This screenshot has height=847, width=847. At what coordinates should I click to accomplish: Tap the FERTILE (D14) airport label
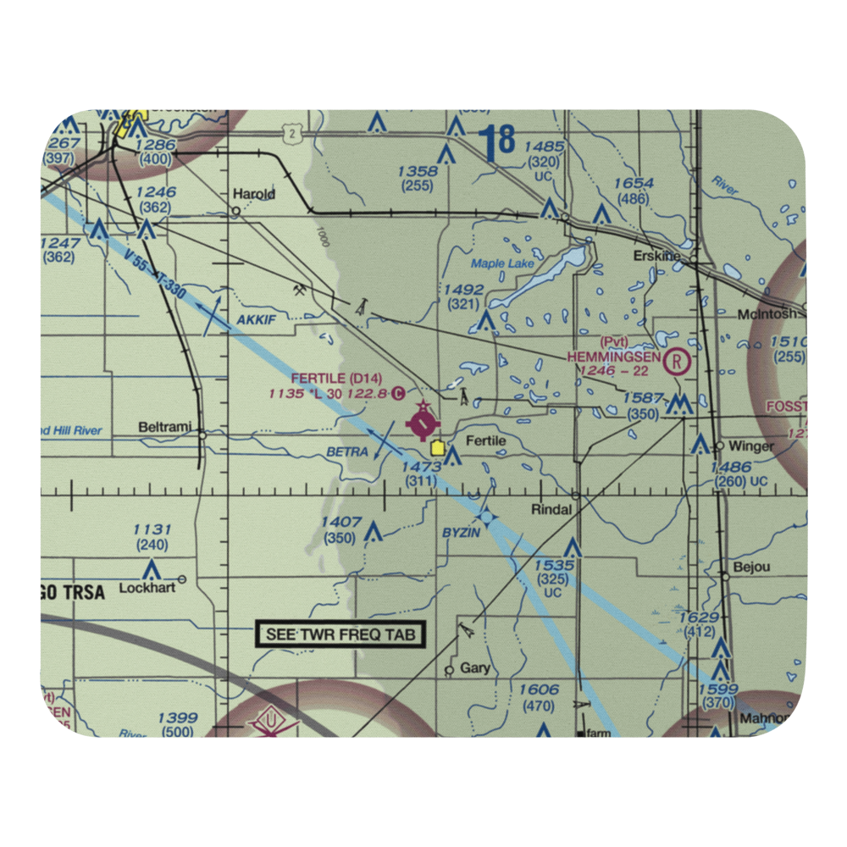click(324, 378)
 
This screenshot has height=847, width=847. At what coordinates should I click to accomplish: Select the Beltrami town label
click(165, 426)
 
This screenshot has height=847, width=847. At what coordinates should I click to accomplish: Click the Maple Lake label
click(502, 263)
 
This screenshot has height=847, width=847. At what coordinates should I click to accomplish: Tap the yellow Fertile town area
click(437, 448)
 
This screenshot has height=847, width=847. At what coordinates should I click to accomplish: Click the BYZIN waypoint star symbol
click(486, 514)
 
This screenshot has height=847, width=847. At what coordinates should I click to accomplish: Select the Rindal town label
click(552, 510)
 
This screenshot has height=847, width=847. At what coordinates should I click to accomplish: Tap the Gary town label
click(474, 667)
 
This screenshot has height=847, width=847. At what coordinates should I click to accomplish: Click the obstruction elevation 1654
click(634, 184)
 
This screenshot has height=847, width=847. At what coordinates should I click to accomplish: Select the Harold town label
click(253, 194)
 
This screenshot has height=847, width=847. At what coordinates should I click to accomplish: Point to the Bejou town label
click(752, 567)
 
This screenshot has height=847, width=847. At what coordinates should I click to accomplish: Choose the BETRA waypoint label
click(347, 452)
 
